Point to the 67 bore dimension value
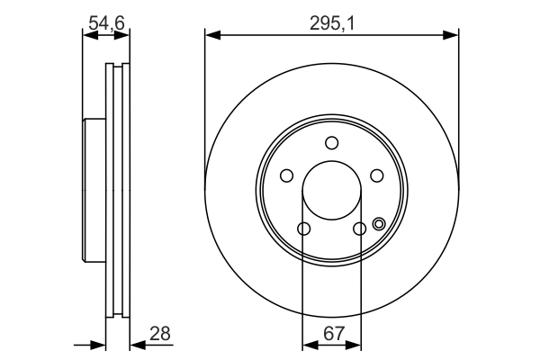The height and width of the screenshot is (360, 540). click(x=333, y=334)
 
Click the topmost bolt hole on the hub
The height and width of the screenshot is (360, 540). click(x=331, y=142)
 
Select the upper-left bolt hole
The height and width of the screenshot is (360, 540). click(x=287, y=175)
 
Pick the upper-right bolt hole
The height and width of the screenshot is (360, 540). click(x=376, y=175)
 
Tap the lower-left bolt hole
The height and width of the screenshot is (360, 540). click(x=303, y=229)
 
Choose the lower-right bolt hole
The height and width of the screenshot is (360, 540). click(x=359, y=229)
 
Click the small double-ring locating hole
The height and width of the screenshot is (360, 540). click(x=378, y=225)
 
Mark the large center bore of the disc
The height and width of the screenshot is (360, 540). click(x=331, y=191)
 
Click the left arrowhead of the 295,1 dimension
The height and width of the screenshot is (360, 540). click(x=211, y=36)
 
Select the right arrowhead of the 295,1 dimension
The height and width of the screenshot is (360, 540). click(x=453, y=36)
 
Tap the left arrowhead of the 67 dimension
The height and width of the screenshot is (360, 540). click(x=307, y=344)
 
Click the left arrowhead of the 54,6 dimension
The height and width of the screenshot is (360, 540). click(x=87, y=36)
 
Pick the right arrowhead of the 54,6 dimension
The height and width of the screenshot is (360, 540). click(x=124, y=36)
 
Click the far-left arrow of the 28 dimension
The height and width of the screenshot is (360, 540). click(x=99, y=344)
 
